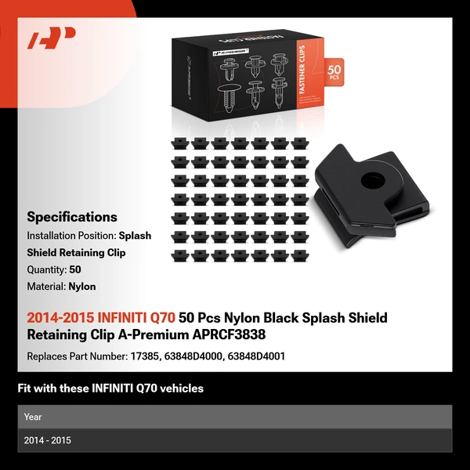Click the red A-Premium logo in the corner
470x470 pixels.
51,38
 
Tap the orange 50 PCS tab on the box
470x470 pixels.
334,72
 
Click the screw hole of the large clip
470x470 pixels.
372,180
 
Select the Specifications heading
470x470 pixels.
72,217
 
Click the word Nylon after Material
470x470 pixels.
82,287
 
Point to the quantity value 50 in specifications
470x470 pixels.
75,269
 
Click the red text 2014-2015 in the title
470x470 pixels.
60,318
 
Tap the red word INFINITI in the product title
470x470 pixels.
122,318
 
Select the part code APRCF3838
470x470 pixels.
229,334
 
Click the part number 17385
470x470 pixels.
146,356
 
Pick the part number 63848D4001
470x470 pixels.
256,356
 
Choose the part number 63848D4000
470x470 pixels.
193,356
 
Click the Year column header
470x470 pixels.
33,417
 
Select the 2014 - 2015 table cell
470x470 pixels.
47,440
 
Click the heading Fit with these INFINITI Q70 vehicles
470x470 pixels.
110,389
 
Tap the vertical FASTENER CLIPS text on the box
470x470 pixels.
302,70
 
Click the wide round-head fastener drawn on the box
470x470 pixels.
229,98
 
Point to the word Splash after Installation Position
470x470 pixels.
135,236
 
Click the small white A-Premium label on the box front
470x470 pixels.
231,52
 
